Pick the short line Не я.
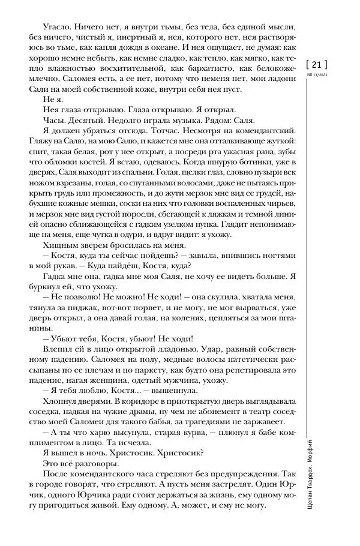pyautogui.click(x=52, y=100)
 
